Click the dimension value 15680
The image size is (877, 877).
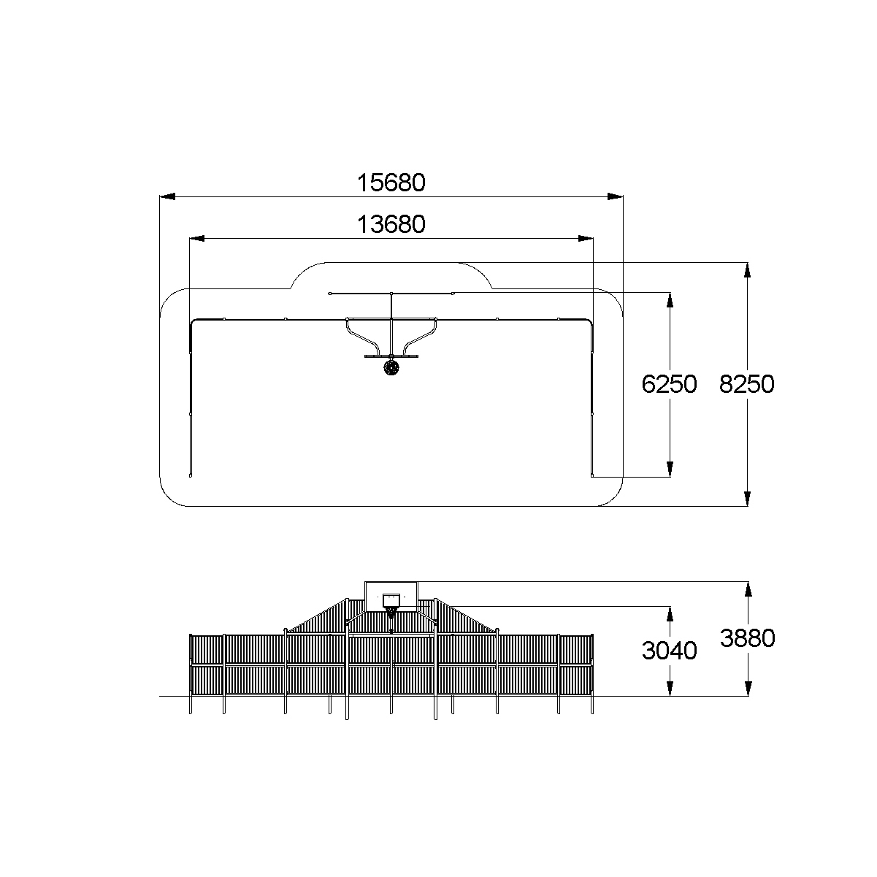coord(391,183)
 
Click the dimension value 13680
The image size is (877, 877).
coord(391,224)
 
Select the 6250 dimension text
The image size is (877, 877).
coord(669,384)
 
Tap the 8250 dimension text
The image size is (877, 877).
coord(746,384)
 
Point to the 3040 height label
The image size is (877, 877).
coord(669,651)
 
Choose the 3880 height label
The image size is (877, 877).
coord(747,638)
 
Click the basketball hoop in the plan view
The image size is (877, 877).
coord(391,368)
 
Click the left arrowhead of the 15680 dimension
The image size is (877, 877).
coord(167,196)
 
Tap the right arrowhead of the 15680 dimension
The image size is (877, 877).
coord(616,196)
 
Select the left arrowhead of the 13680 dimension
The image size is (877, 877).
coord(197,239)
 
